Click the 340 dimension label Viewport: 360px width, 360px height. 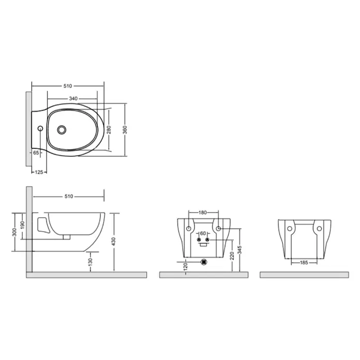[x=73, y=98]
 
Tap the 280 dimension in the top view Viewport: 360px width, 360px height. [x=109, y=130]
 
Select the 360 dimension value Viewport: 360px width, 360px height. [x=125, y=130]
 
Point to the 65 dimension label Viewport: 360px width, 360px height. [x=36, y=153]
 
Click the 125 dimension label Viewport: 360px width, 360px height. [x=39, y=172]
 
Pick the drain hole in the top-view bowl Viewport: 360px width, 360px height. [x=62, y=130]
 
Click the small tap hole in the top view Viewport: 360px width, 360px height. [x=40, y=128]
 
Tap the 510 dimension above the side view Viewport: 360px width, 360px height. [x=69, y=197]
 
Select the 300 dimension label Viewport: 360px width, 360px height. [x=14, y=232]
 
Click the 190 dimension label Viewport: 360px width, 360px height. [x=22, y=225]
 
